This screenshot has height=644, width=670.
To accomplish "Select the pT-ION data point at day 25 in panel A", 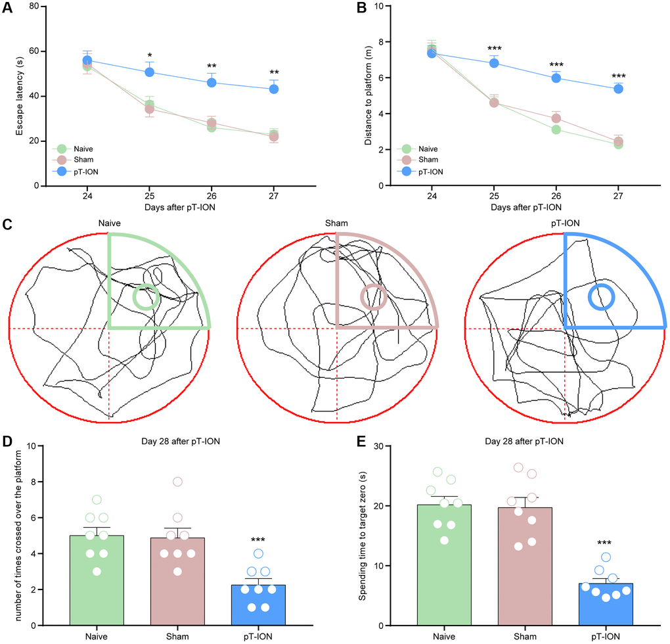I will [150, 72].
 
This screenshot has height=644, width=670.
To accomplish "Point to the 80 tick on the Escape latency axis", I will [33, 7].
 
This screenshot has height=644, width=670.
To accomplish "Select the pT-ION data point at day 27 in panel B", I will [618, 89].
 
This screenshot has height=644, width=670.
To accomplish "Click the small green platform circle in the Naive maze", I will [145, 297].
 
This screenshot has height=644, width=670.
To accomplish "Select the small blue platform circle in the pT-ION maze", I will [600, 296].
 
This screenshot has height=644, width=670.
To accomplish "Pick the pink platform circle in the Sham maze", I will [373, 297].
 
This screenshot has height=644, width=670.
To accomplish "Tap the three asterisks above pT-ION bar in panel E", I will [606, 543].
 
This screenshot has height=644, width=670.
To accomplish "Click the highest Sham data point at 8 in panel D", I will [177, 482].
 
